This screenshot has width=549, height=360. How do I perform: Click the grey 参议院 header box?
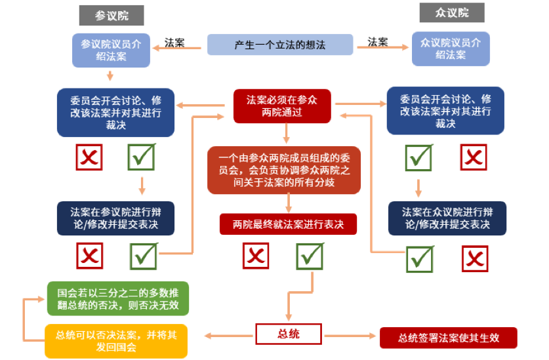[112, 15]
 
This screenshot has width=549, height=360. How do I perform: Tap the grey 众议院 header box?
[452, 12]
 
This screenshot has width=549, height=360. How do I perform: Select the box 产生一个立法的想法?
[280, 45]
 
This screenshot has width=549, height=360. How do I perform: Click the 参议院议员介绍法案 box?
[111, 50]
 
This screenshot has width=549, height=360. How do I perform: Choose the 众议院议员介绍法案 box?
[451, 49]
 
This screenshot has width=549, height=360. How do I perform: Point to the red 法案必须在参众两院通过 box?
[282, 106]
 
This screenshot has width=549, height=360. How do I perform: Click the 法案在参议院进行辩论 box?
[115, 218]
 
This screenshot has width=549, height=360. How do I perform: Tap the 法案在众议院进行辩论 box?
[447, 218]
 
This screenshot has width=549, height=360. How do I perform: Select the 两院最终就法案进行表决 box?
[288, 224]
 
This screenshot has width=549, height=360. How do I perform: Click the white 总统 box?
[289, 334]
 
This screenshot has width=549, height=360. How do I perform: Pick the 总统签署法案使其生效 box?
[449, 338]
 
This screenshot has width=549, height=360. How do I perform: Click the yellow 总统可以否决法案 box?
[116, 341]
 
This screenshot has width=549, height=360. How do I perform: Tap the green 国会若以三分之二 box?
[118, 299]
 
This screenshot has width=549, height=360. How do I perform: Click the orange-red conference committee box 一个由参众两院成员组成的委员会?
[284, 170]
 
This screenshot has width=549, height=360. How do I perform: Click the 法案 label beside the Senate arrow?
[174, 43]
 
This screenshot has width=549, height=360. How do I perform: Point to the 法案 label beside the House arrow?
[378, 42]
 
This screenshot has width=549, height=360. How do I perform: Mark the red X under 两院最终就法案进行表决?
[256, 256]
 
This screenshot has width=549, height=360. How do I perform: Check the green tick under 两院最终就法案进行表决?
[310, 256]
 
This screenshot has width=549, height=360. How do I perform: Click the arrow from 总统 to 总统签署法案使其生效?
[350, 336]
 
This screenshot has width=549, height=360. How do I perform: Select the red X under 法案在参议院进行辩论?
[90, 256]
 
